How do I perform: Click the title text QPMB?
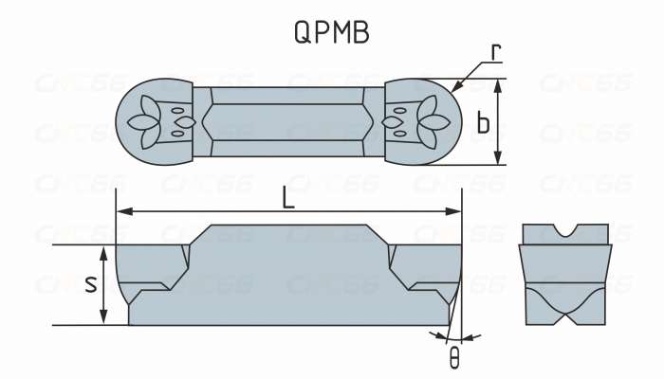tap(331, 31)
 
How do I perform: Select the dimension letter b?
tap(484, 122)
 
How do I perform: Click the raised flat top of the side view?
tap(288, 227)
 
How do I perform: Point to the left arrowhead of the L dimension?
tap(120, 211)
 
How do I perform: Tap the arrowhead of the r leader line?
tap(456, 87)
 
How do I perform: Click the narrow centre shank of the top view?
tap(288, 122)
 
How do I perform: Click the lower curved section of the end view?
tap(566, 303)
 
